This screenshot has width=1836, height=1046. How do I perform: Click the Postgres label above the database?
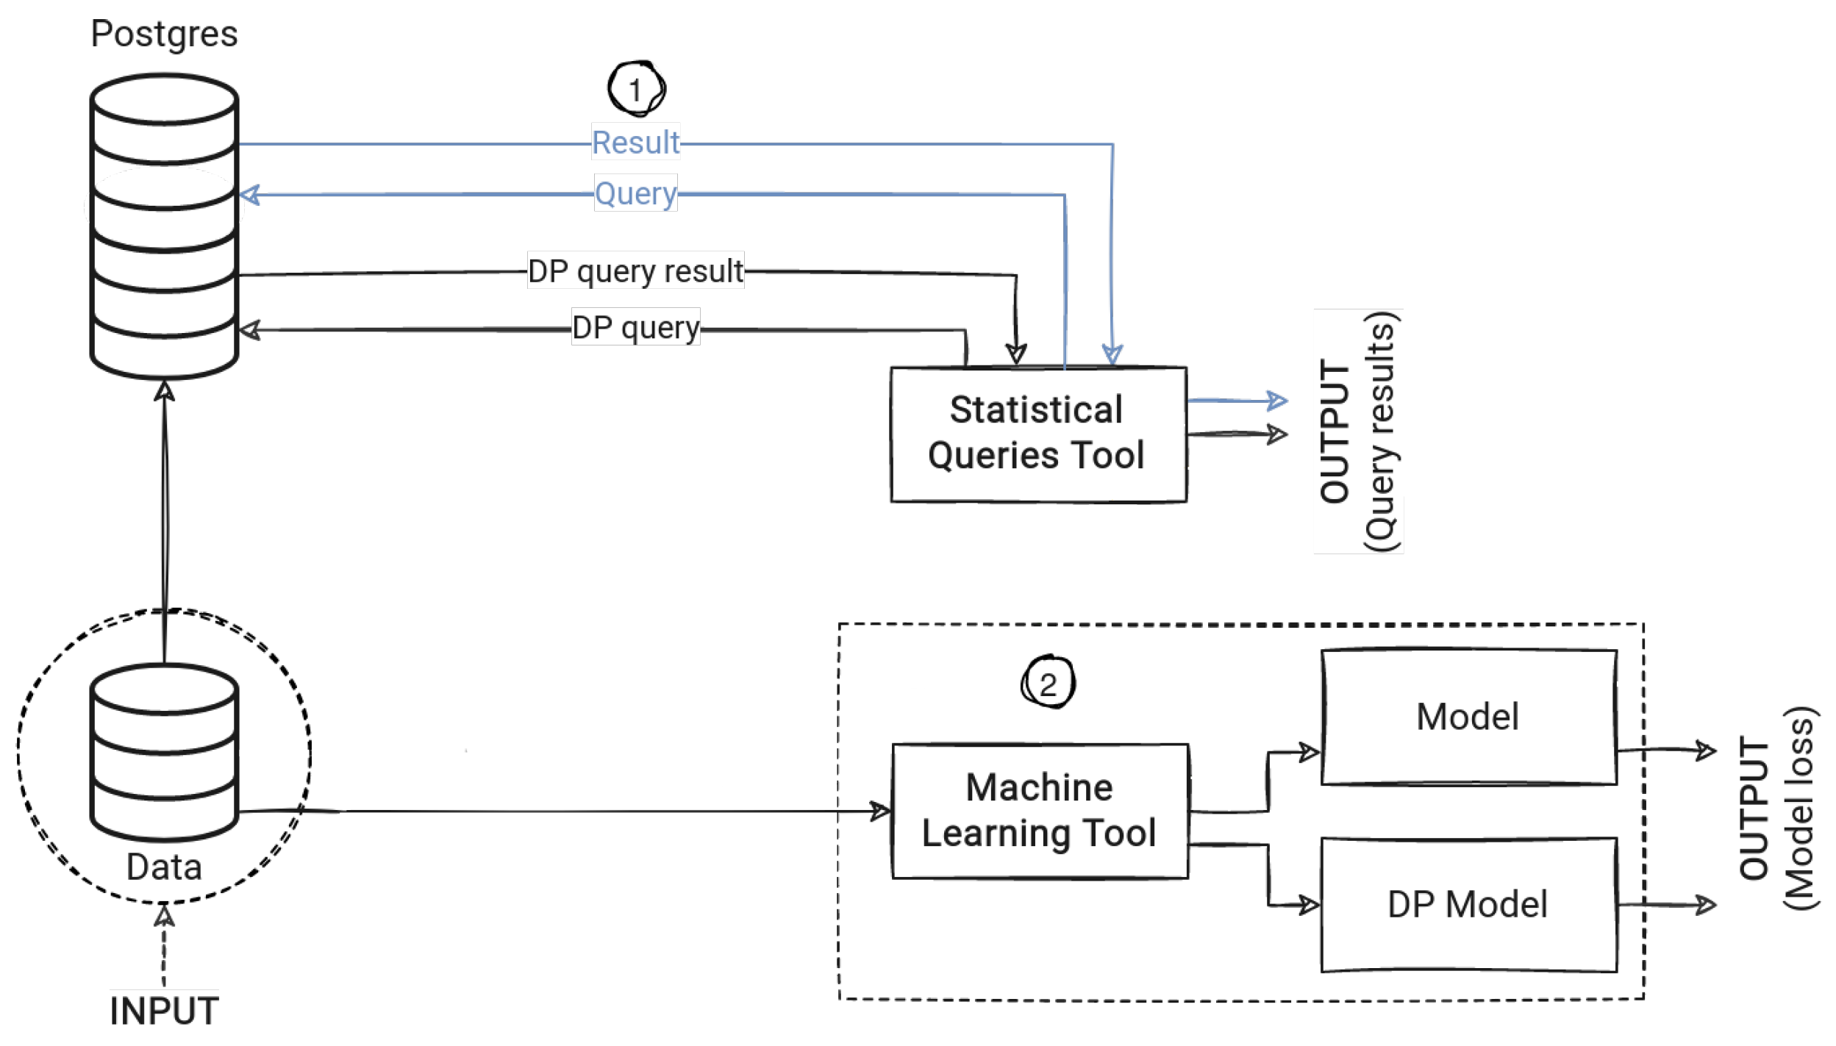[164, 35]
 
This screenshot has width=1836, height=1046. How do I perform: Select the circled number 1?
[636, 89]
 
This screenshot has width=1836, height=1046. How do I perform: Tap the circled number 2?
[1048, 682]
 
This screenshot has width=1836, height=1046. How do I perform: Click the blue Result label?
[636, 143]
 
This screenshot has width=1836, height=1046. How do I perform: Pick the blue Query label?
[636, 193]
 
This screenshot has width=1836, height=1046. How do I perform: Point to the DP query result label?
[636, 271]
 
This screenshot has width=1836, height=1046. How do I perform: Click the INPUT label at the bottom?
[164, 1011]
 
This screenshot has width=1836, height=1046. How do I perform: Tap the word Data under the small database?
[164, 867]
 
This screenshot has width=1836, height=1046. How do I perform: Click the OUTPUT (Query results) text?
[1358, 431]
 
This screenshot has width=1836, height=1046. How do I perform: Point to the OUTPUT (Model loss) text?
[1777, 808]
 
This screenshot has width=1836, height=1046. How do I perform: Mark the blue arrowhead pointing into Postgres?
[249, 195]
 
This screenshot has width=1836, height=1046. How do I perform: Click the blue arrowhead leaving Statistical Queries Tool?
[1278, 401]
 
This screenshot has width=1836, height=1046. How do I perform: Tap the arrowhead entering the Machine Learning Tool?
[881, 812]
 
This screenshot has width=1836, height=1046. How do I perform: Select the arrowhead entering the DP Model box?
[1310, 905]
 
